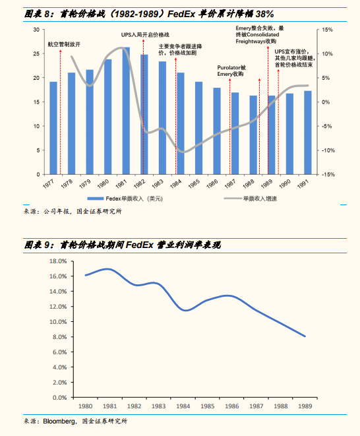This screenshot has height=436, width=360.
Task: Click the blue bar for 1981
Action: [x=126, y=111]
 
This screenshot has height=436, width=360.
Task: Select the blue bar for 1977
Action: [x=53, y=128]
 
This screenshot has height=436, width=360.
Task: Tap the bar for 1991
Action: [x=308, y=133]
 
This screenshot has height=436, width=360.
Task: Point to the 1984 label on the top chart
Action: [x=175, y=184]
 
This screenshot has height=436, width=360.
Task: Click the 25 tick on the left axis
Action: [x=36, y=53]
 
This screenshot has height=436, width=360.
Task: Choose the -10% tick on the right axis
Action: [x=328, y=150]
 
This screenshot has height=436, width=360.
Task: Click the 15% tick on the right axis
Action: [x=327, y=30]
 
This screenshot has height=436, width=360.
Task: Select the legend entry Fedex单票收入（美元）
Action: [x=125, y=199]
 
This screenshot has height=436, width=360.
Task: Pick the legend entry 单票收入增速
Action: [x=250, y=199]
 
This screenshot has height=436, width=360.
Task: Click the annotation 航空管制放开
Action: [x=64, y=44]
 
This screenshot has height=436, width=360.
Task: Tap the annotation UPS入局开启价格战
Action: [x=145, y=35]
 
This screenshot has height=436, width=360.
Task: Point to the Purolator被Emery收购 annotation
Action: [x=231, y=71]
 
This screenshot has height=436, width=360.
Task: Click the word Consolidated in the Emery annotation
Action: [x=263, y=35]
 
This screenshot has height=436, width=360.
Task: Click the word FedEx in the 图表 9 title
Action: [x=140, y=245]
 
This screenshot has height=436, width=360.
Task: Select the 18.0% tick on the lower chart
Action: [x=58, y=261]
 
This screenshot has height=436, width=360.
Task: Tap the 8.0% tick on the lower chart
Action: [x=59, y=337]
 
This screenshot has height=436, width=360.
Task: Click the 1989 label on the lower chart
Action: [x=305, y=406]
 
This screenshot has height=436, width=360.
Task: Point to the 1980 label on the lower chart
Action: [x=85, y=406]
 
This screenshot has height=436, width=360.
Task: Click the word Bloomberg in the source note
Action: [x=59, y=421]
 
